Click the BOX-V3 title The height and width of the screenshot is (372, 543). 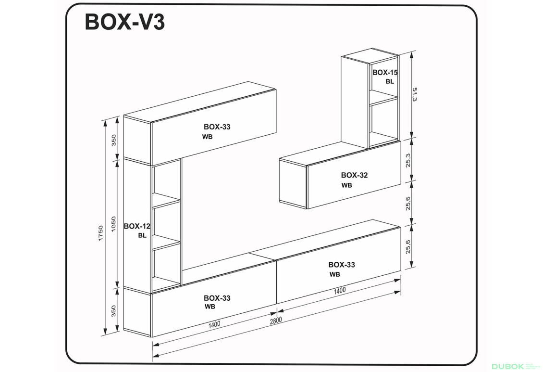click(125, 22)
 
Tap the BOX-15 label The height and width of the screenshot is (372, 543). click(385, 73)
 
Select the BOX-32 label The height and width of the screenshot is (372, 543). click(354, 175)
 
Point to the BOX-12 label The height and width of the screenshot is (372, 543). click(137, 226)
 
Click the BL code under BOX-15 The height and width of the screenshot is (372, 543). click(389, 81)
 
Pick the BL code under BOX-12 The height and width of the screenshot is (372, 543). click(142, 235)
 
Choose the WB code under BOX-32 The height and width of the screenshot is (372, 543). click(346, 185)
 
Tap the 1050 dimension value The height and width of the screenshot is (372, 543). click(114, 224)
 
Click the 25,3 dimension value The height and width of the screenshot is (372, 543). click(408, 160)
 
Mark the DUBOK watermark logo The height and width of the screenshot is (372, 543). click(510, 366)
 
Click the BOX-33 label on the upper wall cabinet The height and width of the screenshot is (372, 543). click(217, 127)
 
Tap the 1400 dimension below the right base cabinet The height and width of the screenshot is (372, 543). click(339, 290)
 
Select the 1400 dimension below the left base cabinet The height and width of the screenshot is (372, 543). click(214, 324)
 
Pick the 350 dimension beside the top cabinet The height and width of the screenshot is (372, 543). click(114, 140)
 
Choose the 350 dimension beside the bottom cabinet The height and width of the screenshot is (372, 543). click(114, 311)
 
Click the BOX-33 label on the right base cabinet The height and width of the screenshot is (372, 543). click(342, 265)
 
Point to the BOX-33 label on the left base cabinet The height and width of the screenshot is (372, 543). click(217, 298)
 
